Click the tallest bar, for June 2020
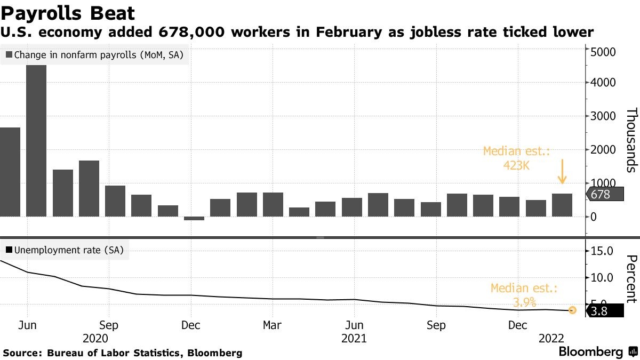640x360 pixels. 36,141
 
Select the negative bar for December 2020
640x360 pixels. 194,218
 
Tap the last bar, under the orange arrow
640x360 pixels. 562,205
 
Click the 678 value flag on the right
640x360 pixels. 605,195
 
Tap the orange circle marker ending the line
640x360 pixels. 572,310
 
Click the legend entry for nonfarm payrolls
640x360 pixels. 94,54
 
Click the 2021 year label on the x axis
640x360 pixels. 354,338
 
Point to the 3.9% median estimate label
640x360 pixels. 524,295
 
